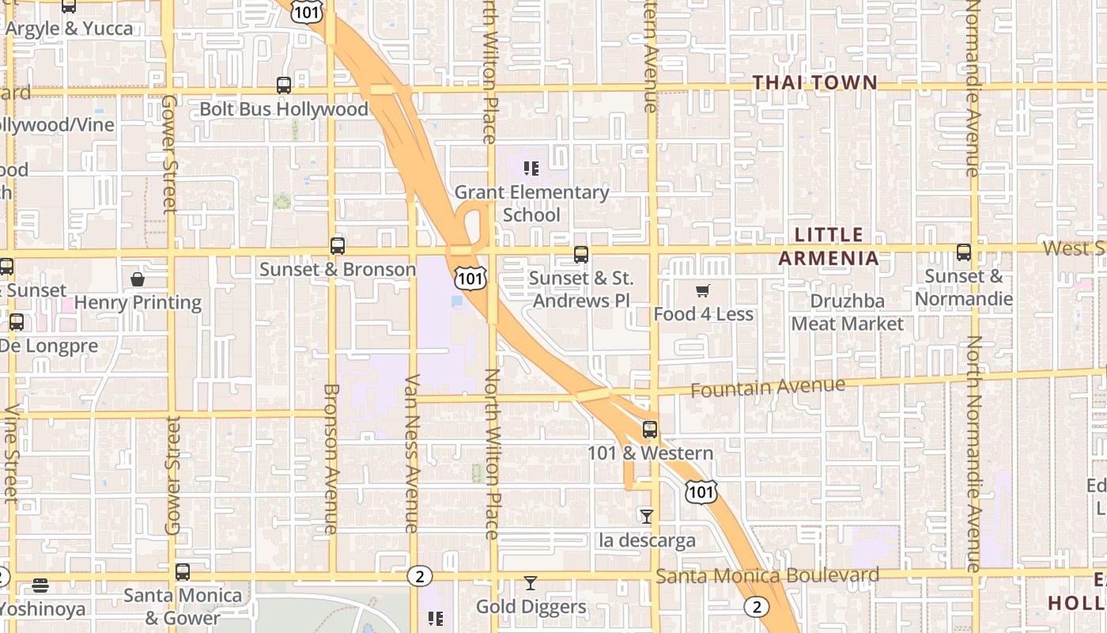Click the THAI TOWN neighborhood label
coord(814,82)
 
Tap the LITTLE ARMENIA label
coord(829,246)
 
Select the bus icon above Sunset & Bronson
coord(338,245)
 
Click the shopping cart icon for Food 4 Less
coord(703,291)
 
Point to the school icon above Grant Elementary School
coord(531,168)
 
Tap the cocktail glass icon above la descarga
coord(647,517)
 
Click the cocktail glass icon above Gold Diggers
coord(531,583)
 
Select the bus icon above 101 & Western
coord(650,430)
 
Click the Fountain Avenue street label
coord(767,388)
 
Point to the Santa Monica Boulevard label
coord(767,575)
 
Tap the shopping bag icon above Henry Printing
coord(138,279)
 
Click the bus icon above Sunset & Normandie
coord(963,252)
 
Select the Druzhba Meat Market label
coord(847,313)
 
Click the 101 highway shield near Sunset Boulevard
coord(470,277)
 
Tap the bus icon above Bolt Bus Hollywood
coord(284,85)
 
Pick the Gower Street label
coord(169,154)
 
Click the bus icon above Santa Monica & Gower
coord(183,571)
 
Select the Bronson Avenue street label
coord(331,459)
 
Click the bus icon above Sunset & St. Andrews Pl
coord(581,255)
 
